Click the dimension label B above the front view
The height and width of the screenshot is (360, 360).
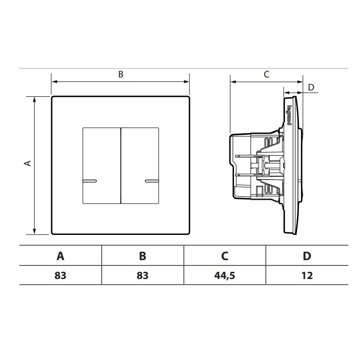pos(121,75)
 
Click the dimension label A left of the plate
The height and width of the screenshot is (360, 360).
pos(27,163)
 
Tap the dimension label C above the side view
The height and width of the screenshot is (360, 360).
pos(266,75)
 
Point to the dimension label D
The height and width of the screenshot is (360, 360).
pos(312,87)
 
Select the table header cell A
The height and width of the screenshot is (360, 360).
pos(61,256)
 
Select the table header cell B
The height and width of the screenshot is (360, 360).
pos(143,256)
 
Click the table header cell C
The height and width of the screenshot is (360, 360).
pos(225,256)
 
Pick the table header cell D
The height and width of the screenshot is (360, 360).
pos(307,256)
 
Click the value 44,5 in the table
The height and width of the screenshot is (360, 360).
pos(225,275)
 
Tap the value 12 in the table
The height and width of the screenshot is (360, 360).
pos(307,275)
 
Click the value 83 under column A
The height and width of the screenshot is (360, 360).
pos(61,275)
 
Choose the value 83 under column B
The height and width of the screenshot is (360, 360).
pos(143,275)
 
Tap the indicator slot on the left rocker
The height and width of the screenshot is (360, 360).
pos(90,181)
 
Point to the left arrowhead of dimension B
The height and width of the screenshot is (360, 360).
pos(54,81)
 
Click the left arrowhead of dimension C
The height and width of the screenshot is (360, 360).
pos(232,81)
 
